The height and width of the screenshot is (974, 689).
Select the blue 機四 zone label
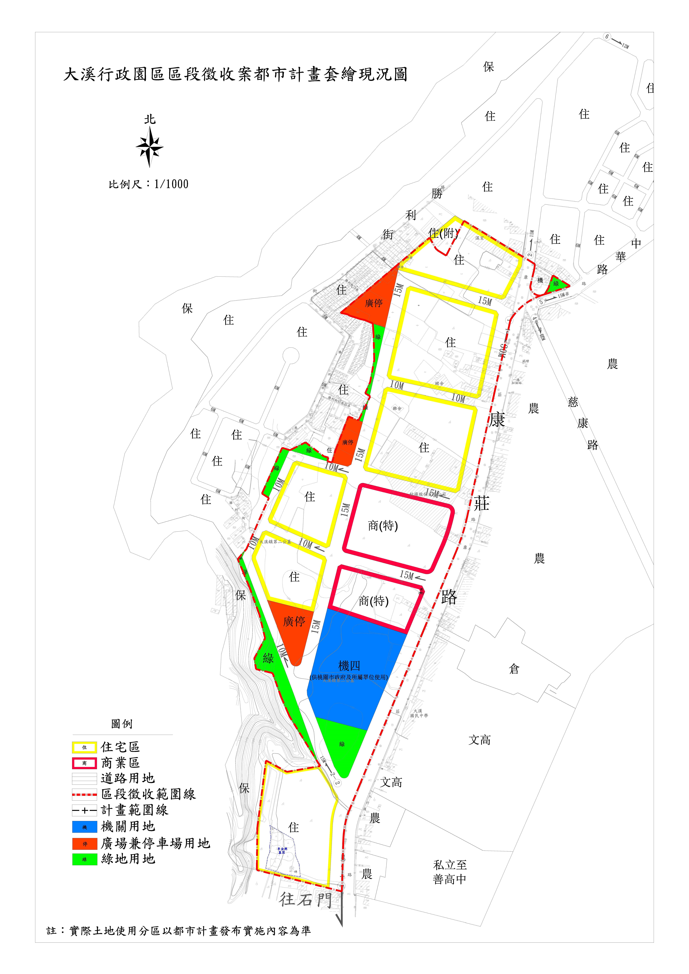click(349, 666)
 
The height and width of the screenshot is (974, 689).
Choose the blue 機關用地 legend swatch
click(84, 827)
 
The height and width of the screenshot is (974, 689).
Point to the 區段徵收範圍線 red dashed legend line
click(84, 795)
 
